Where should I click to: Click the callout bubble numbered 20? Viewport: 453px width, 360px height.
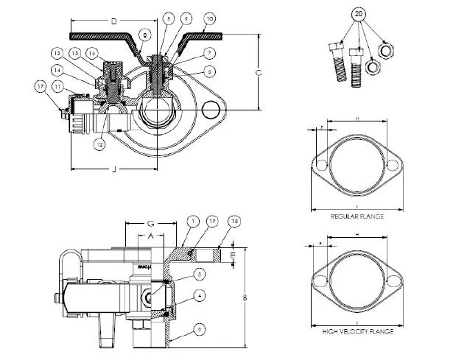click(x=358, y=15)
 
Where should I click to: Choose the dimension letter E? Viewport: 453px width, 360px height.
click(x=233, y=256)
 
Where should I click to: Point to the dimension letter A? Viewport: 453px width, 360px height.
click(x=150, y=236)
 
